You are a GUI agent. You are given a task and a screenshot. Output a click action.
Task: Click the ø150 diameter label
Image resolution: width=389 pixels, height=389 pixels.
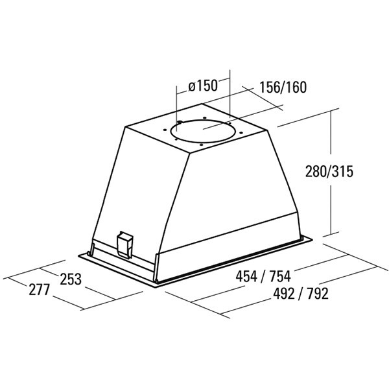pyautogui.click(x=203, y=86)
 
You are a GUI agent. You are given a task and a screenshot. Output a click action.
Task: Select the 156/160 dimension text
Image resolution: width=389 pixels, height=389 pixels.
pyautogui.click(x=283, y=87)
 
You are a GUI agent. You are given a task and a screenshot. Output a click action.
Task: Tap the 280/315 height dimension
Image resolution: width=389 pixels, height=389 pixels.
pyautogui.click(x=329, y=171)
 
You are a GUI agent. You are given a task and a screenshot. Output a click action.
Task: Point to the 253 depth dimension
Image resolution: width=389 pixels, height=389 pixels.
pyautogui.click(x=71, y=279)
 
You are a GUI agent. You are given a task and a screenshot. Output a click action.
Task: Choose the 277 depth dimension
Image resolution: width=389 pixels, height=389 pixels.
pyautogui.click(x=40, y=290)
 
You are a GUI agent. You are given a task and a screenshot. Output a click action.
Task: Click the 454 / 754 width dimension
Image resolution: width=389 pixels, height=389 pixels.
pyautogui.click(x=263, y=276)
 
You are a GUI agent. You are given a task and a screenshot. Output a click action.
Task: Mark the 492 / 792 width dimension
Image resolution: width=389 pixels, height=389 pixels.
pyautogui.click(x=301, y=294)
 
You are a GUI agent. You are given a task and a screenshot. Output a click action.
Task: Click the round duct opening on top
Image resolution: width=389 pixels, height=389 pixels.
pyautogui.click(x=202, y=131)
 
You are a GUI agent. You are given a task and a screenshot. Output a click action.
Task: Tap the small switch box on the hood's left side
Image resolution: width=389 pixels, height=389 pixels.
pyautogui.click(x=124, y=244)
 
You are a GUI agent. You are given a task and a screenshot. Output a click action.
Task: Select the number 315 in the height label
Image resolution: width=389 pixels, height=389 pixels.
pyautogui.click(x=342, y=171)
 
